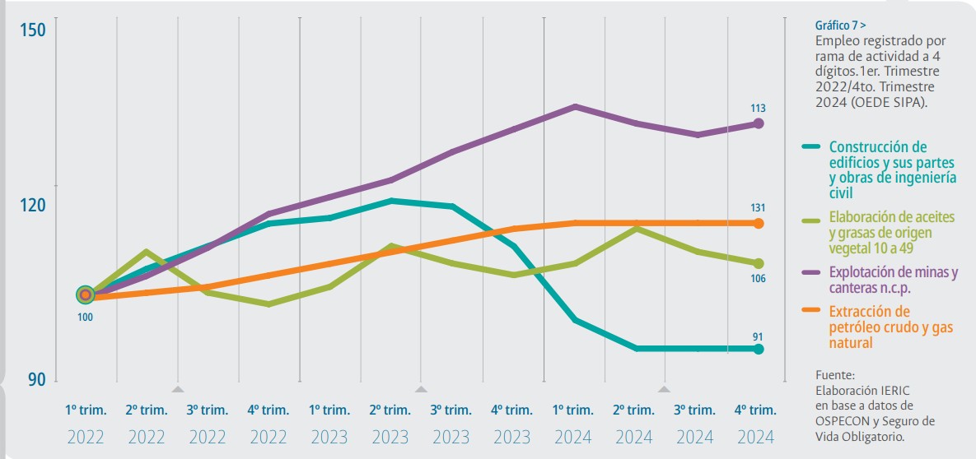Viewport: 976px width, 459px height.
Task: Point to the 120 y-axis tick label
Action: coord(32,205)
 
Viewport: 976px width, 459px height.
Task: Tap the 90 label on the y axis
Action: coord(36,379)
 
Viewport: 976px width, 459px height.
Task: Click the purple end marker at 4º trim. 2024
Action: coord(759,123)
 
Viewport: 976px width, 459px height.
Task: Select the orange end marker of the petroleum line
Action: coord(759,223)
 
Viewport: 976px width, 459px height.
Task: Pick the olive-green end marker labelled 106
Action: coord(759,263)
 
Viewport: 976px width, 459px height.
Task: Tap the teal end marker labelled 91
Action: coord(759,350)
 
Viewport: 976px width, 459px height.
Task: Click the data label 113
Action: coord(759,108)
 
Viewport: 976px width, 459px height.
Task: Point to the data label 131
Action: coord(759,207)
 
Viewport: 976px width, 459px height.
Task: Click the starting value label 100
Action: coord(85,317)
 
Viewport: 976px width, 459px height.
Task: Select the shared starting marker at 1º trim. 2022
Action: coord(85,294)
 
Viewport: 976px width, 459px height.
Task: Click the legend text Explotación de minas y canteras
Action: coord(893,280)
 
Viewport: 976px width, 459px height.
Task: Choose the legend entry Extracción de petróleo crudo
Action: coord(890,327)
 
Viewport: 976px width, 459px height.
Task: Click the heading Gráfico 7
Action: coord(840,25)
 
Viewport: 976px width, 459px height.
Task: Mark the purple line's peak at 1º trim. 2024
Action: coord(574,106)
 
